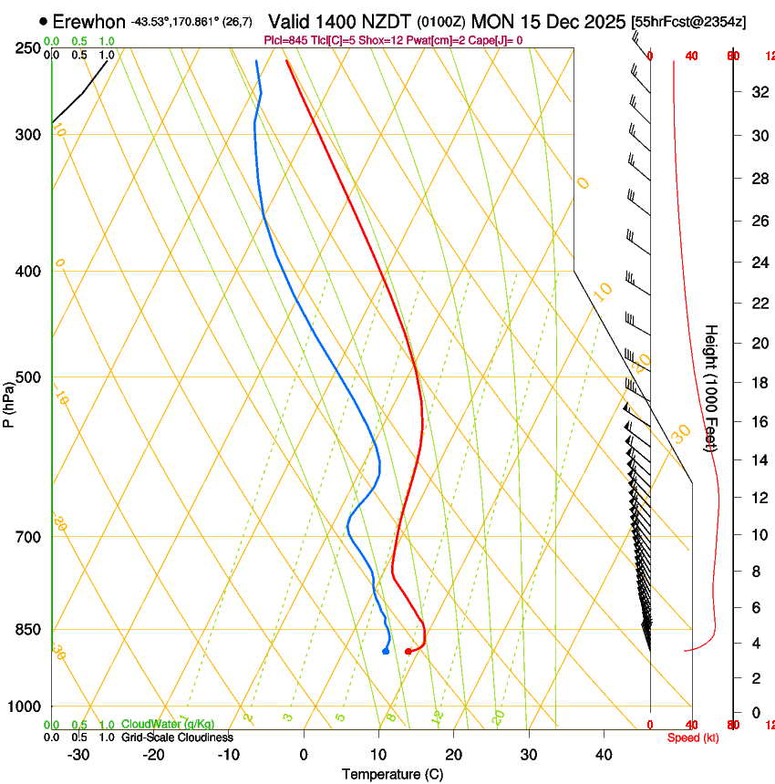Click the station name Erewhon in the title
[88, 21]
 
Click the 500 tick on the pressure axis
[26, 377]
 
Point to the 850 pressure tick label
[26, 630]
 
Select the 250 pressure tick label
[26, 47]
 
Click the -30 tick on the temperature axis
[78, 755]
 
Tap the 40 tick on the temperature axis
[604, 755]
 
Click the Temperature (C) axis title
[392, 774]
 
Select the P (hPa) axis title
[9, 401]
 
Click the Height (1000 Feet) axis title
[711, 387]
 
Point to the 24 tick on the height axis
[758, 263]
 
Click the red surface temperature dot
[408, 651]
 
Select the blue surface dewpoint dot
[386, 651]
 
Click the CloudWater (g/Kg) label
[168, 724]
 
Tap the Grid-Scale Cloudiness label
[177, 737]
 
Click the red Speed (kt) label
[693, 738]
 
